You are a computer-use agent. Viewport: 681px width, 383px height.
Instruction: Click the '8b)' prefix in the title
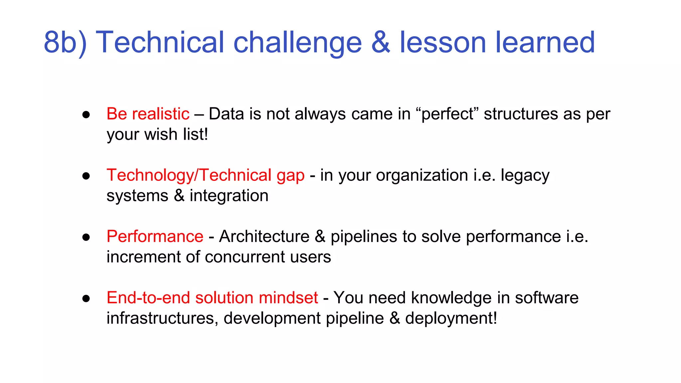point(65,43)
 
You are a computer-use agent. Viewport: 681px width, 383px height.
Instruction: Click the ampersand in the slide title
point(380,43)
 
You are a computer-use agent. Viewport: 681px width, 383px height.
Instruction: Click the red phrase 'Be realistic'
point(148,114)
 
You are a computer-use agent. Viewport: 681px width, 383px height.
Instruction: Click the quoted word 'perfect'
point(447,114)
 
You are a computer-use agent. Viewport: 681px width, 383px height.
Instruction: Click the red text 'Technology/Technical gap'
point(205,176)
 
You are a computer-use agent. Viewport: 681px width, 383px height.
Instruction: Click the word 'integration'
point(229,196)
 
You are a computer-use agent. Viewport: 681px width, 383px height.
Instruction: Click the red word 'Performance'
point(155,237)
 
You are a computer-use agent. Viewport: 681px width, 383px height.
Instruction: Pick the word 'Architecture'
point(264,237)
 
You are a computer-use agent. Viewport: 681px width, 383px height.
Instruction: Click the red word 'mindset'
point(288,298)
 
